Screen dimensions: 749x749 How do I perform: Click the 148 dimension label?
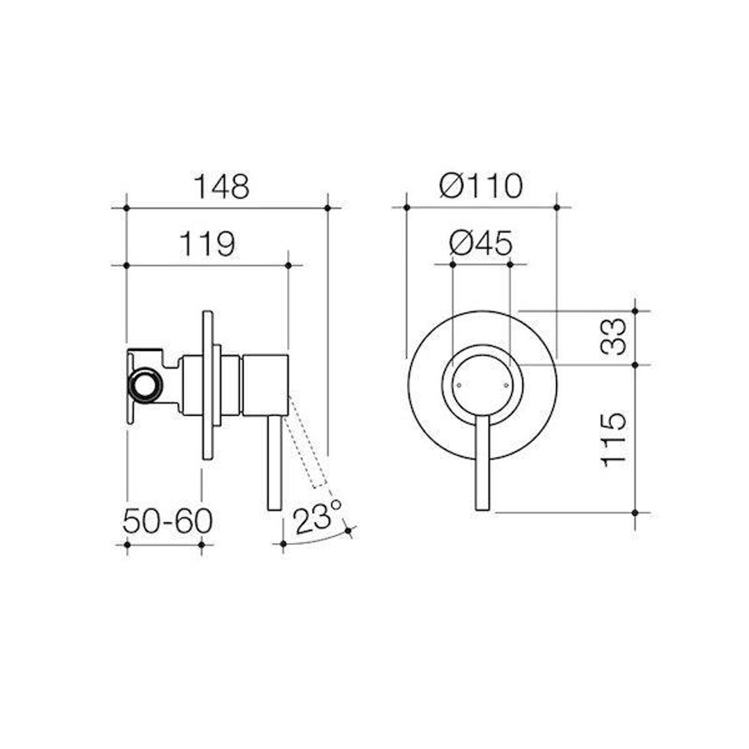[221, 187]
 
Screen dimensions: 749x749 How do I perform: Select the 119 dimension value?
[207, 244]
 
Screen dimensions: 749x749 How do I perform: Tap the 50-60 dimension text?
[167, 522]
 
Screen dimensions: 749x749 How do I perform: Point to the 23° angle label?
[317, 519]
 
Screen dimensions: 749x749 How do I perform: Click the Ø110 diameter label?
[481, 186]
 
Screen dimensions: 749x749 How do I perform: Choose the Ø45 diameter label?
[481, 243]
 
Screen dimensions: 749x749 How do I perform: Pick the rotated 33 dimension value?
[614, 337]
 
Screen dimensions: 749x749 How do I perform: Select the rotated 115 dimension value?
[614, 439]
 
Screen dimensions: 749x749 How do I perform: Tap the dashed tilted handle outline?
[308, 444]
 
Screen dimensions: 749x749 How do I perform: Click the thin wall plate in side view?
[207, 385]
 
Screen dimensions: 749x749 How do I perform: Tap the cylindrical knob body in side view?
[265, 386]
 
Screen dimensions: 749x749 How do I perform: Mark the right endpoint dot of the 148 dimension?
[327, 207]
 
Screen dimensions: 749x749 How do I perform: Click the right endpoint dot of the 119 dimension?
[289, 265]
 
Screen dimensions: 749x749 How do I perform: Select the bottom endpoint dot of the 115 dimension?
[635, 513]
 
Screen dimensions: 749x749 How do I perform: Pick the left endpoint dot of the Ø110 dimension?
[406, 207]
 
